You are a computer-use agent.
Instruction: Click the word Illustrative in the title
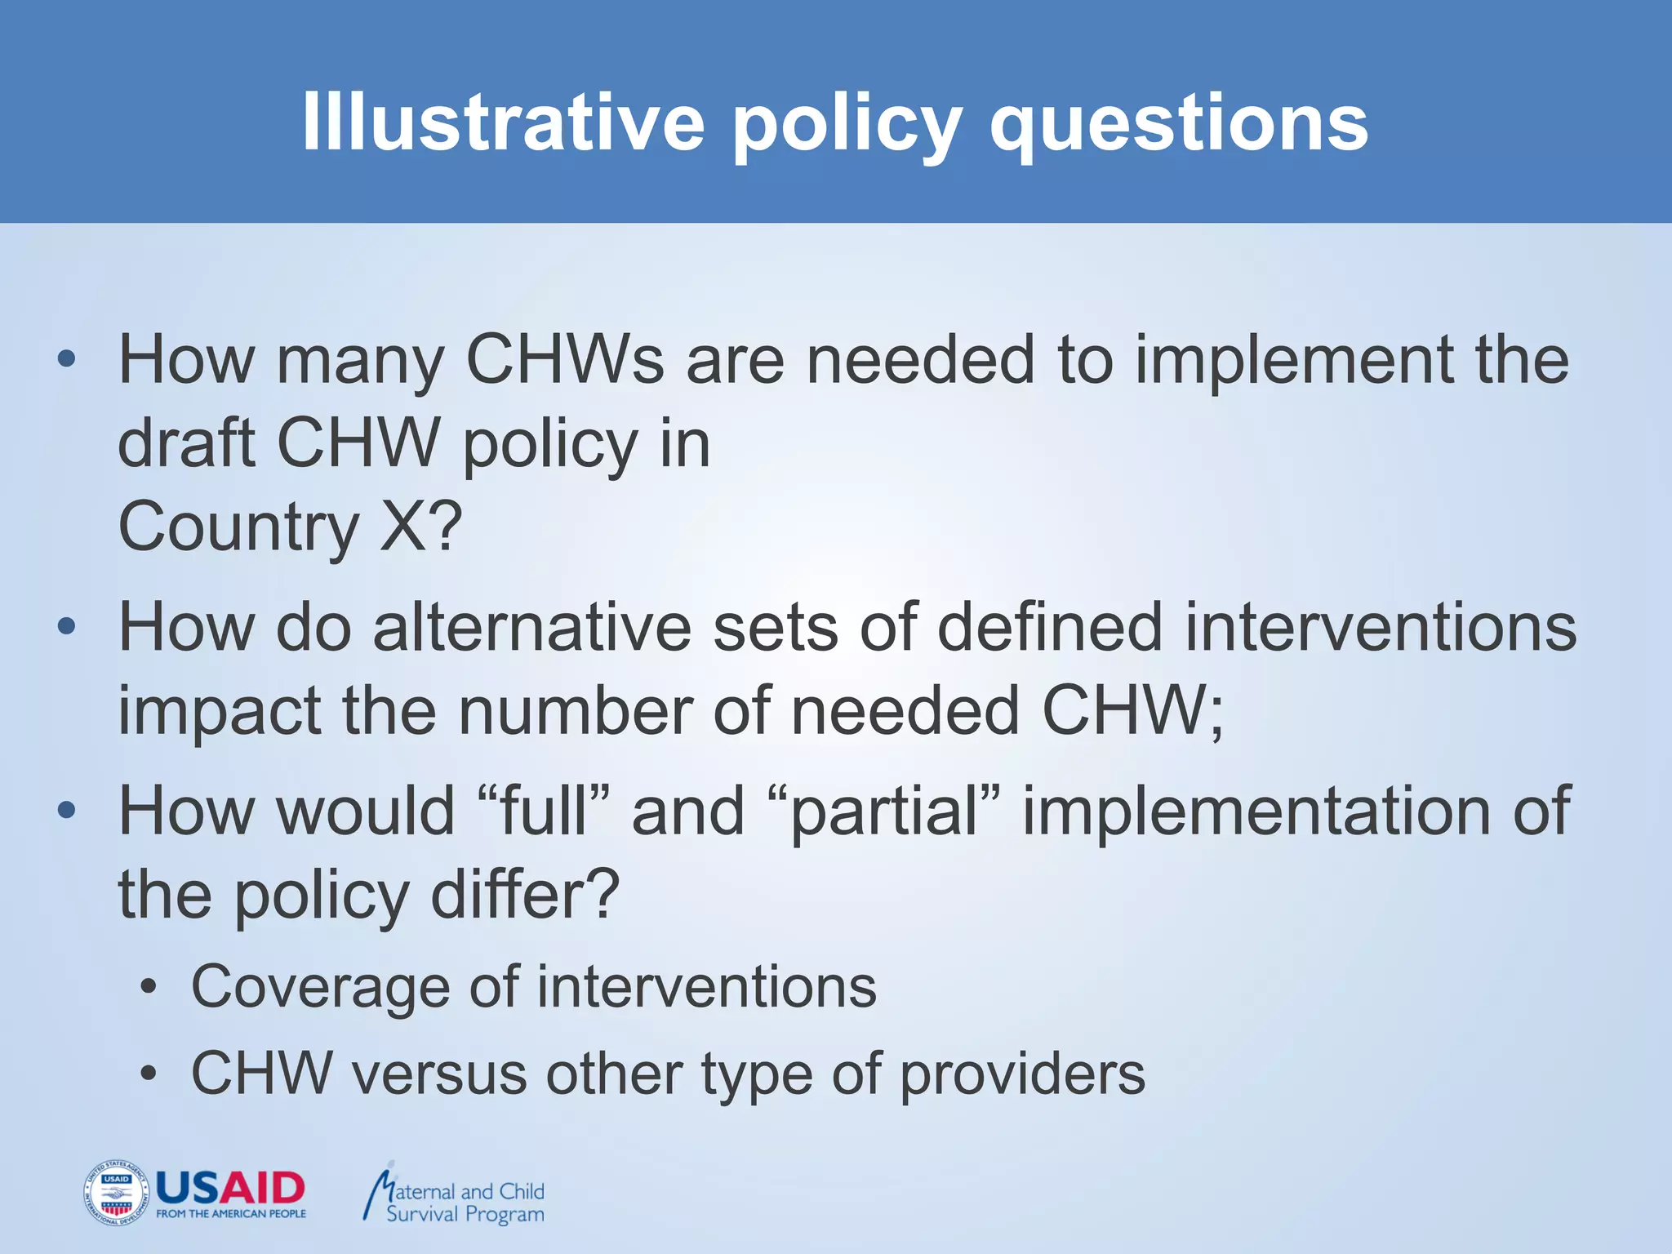tap(502, 122)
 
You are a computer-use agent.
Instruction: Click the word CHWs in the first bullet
tap(564, 360)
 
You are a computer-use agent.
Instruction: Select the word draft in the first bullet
tap(187, 443)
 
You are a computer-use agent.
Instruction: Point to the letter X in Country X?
tap(405, 527)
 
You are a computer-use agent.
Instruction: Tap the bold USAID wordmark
tap(230, 1188)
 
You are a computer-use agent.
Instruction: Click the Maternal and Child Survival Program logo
tap(454, 1194)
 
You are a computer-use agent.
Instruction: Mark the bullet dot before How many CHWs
tap(67, 359)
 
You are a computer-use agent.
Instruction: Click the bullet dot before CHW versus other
tap(147, 1074)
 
